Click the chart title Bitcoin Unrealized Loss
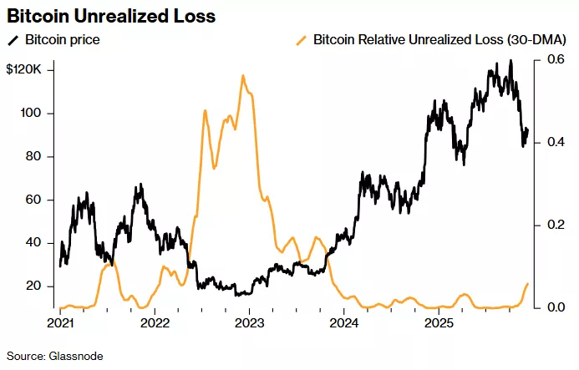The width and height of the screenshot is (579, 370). (x=111, y=16)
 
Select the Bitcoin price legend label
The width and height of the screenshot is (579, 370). (x=61, y=39)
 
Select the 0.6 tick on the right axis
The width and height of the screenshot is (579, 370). (x=556, y=60)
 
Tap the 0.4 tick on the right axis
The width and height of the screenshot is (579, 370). (x=556, y=143)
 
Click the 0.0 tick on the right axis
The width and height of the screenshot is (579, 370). (x=556, y=307)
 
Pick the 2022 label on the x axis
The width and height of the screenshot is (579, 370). (x=155, y=322)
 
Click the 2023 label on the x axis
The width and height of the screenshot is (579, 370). (x=250, y=322)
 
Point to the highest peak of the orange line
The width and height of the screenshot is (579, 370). (x=243, y=76)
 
